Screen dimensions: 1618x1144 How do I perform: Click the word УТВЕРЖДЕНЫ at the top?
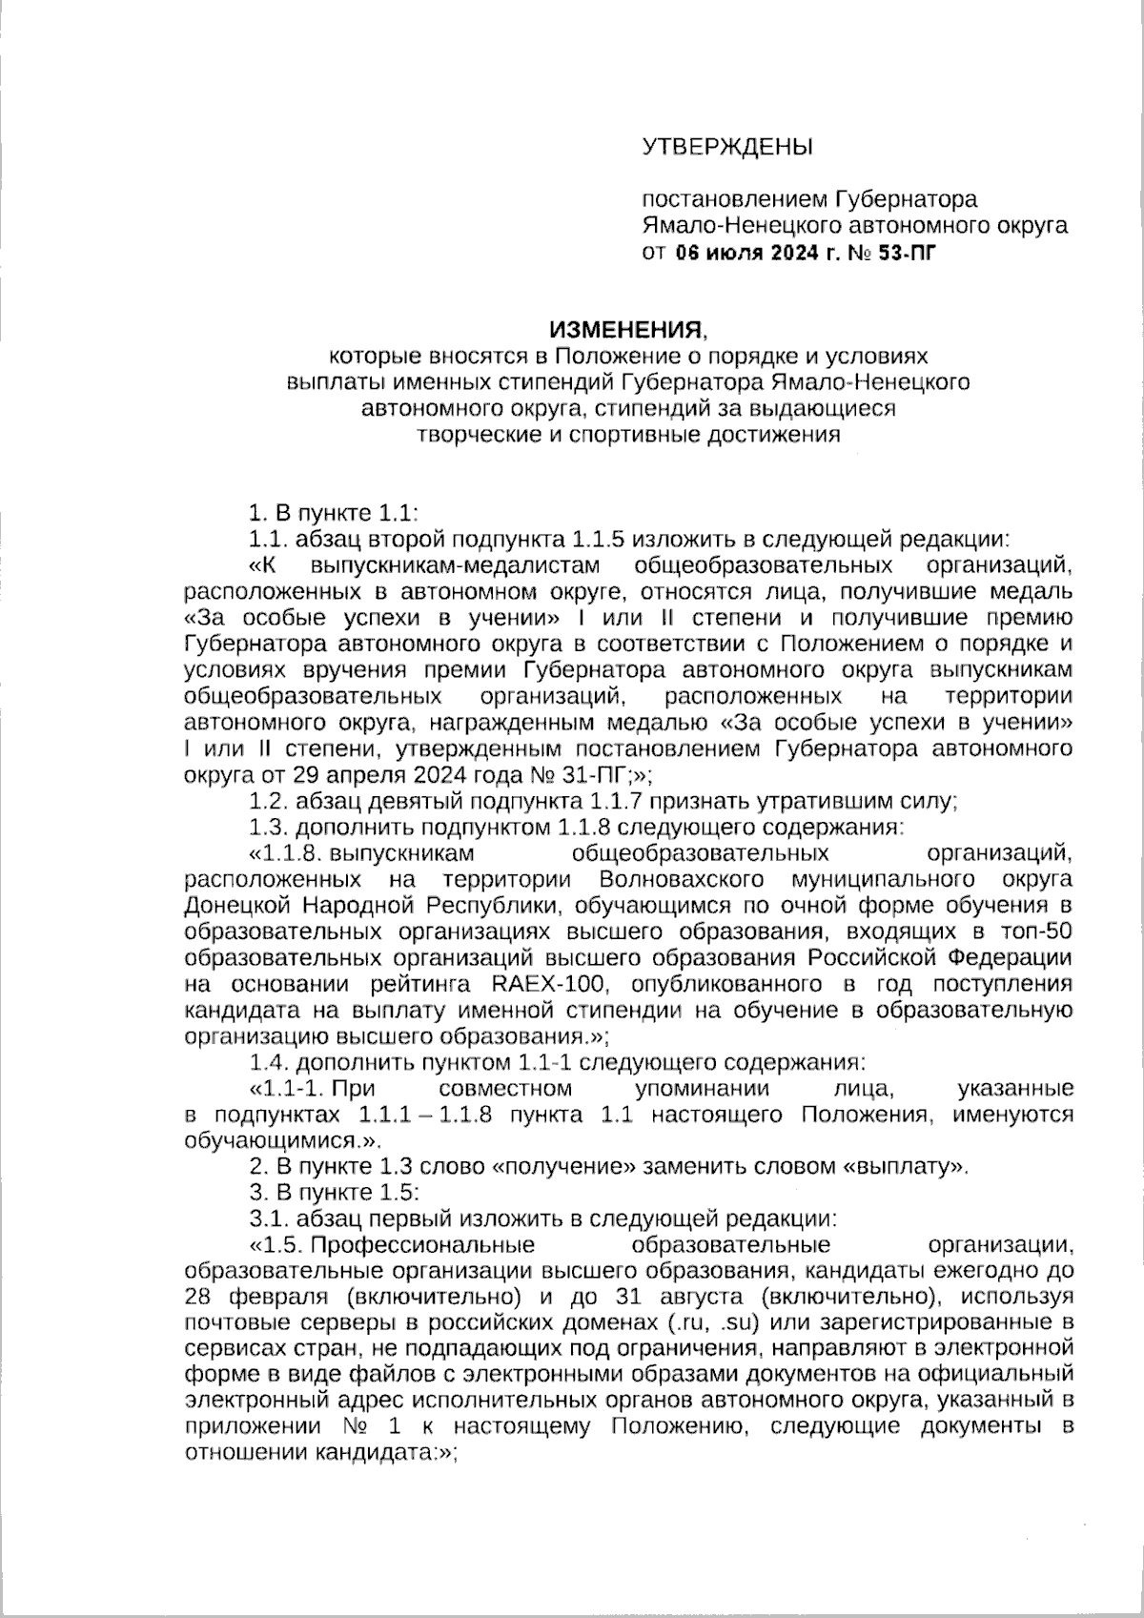pyautogui.click(x=727, y=147)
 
